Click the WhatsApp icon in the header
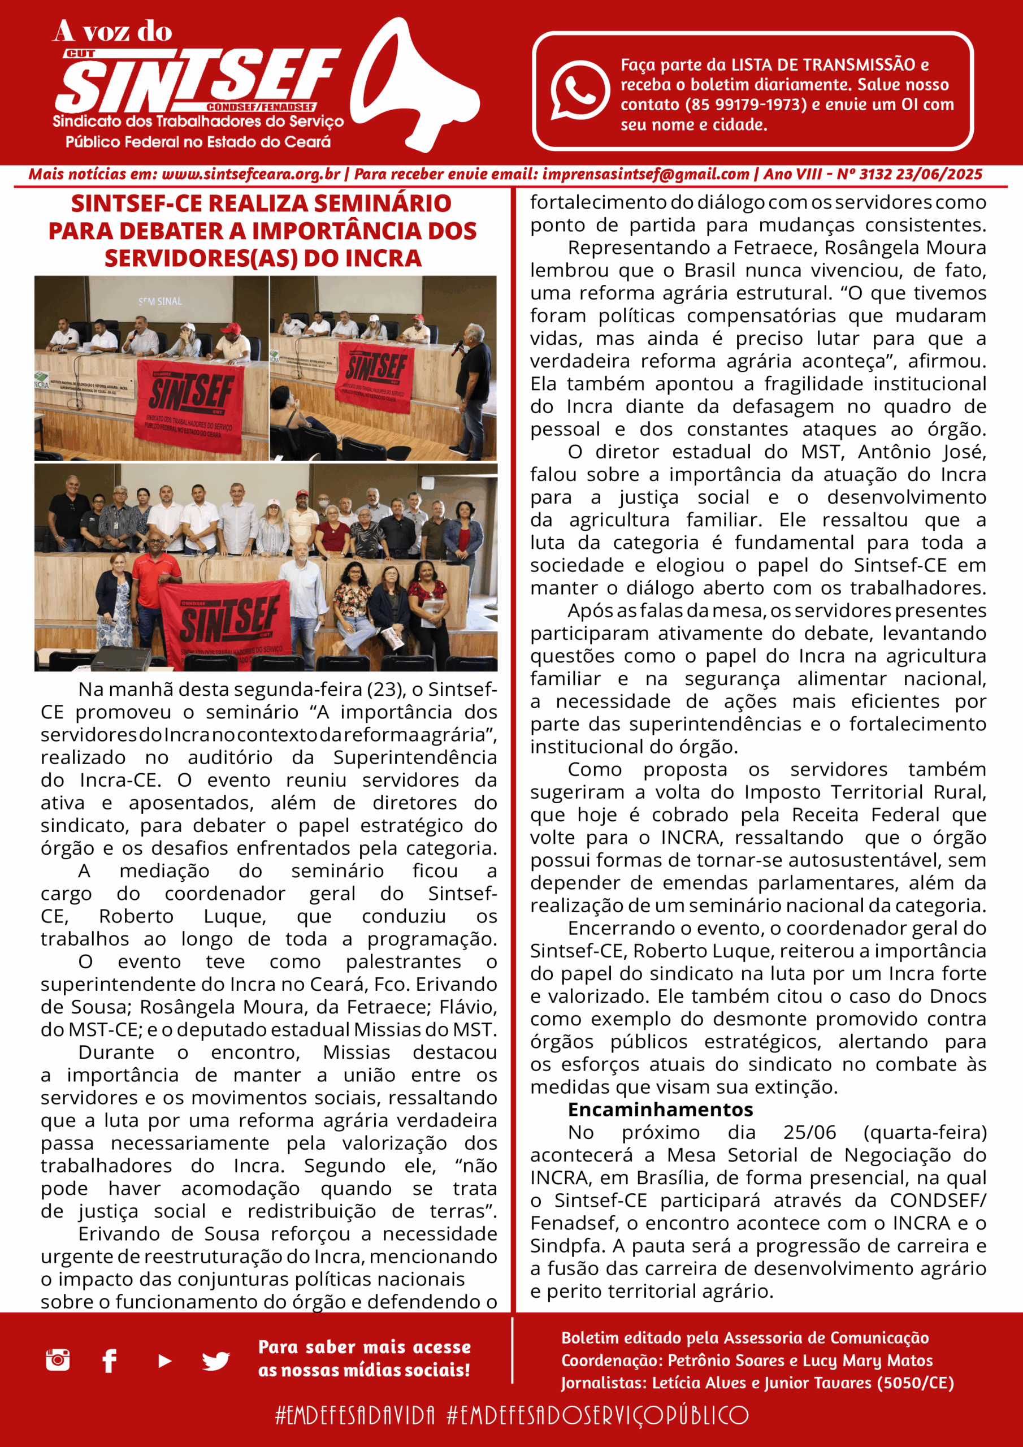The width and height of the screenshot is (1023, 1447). [x=579, y=90]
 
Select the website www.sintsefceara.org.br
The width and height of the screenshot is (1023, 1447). [x=251, y=175]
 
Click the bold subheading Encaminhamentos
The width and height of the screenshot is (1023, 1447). [x=660, y=1109]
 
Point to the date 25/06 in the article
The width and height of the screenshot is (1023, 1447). [x=809, y=1133]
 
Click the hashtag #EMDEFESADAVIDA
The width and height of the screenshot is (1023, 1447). [x=355, y=1415]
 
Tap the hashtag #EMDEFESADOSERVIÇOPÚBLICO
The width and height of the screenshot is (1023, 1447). [x=597, y=1415]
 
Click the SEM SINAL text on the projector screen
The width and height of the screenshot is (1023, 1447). [x=160, y=301]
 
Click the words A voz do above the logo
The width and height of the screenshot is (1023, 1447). [x=112, y=32]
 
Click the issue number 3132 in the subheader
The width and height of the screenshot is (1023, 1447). [x=877, y=175]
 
